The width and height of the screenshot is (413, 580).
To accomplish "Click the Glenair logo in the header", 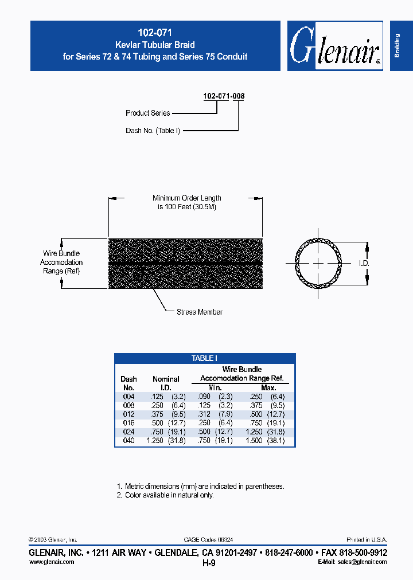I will (x=335, y=46).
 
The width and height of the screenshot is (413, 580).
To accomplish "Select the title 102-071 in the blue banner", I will (x=155, y=33).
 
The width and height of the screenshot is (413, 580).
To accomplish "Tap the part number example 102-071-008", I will (x=224, y=96).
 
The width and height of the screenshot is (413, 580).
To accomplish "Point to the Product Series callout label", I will (x=147, y=113).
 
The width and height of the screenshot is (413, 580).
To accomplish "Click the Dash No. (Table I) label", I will (x=153, y=131).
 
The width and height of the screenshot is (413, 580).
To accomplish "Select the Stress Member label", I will (x=200, y=312).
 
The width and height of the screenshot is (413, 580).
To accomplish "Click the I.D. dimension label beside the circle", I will (x=364, y=263).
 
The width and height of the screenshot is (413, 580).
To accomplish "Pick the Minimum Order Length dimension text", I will (x=186, y=202).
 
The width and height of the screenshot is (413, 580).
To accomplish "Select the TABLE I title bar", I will (x=205, y=359).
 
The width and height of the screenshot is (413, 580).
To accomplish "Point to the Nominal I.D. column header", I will (x=166, y=383).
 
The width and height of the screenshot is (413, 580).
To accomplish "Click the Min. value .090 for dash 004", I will (x=205, y=397).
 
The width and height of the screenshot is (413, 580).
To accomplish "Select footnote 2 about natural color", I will (x=165, y=495).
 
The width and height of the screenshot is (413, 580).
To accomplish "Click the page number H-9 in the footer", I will (x=209, y=563).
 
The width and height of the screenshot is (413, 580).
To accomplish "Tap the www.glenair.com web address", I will (x=52, y=562).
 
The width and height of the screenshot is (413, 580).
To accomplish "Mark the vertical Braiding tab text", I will (x=397, y=46).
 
